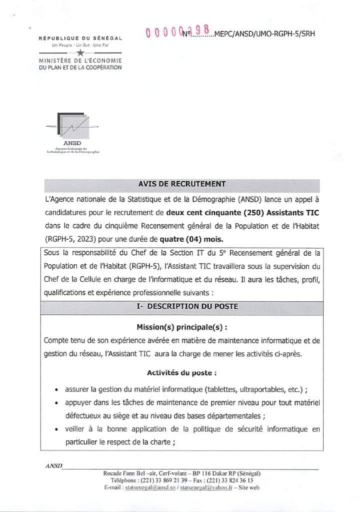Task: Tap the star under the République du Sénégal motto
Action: click(x=80, y=52)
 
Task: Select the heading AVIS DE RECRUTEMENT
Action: click(x=182, y=184)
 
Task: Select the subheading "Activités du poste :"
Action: click(x=181, y=373)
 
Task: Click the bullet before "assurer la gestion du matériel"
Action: click(x=58, y=389)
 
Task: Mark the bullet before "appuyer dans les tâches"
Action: click(x=58, y=402)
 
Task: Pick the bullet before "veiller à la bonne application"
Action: click(x=58, y=429)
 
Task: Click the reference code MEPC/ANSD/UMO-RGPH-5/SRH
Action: click(x=264, y=34)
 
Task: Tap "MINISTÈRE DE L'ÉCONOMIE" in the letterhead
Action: click(x=80, y=61)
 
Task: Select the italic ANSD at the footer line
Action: click(x=53, y=465)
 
